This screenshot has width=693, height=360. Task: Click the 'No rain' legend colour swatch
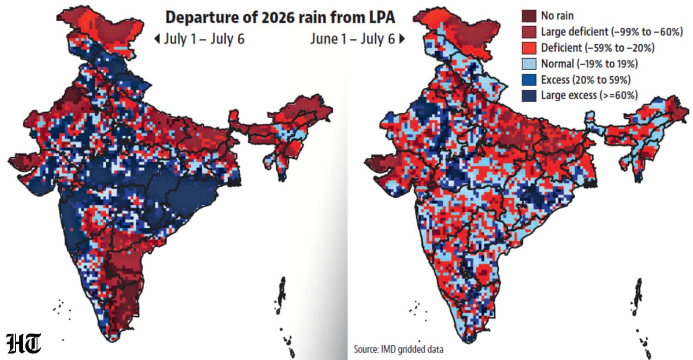[529, 16]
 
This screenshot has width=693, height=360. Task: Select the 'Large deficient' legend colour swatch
[529, 32]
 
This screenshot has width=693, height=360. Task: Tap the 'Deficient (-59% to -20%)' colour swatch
[529, 48]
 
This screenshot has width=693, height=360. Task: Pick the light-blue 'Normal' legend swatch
[529, 64]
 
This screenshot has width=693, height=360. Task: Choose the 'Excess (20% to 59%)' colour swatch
[529, 80]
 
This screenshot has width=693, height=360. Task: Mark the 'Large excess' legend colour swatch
[529, 96]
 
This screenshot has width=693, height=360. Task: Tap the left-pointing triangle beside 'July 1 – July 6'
[157, 39]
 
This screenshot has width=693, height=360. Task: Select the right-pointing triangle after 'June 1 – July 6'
[402, 39]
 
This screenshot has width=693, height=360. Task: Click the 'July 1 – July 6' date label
[204, 39]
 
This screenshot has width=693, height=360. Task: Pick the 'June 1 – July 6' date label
[353, 39]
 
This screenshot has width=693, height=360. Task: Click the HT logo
[24, 343]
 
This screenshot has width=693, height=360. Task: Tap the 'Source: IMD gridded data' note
[398, 349]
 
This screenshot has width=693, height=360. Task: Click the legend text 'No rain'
[557, 16]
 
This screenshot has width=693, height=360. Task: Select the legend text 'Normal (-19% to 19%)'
[590, 64]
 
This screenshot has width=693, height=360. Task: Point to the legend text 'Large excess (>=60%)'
[590, 95]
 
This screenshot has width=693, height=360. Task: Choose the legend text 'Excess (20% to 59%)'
[586, 80]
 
